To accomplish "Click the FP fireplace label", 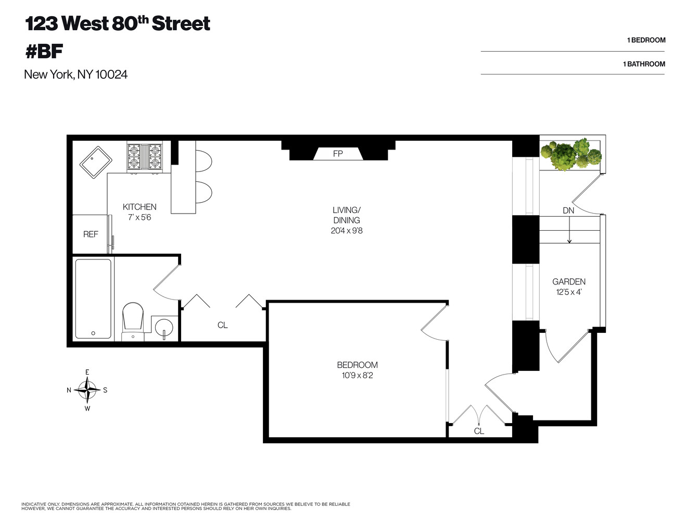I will [338, 154].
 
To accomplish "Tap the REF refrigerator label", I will [91, 234].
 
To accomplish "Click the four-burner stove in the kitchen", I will [144, 156].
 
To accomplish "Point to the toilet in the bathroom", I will [133, 319].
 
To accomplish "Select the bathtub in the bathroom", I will [93, 299].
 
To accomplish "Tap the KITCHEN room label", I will [139, 207].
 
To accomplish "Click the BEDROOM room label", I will [357, 365].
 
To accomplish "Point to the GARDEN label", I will [569, 282].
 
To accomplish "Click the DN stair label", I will [568, 210].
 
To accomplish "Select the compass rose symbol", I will [87, 390].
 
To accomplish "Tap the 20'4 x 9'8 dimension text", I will [347, 230].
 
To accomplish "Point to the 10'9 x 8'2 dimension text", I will [357, 375].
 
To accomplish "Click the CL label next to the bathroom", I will [222, 325].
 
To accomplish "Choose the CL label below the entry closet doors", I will [479, 431].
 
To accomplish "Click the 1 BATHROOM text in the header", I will [644, 64].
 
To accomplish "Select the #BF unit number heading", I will [44, 51].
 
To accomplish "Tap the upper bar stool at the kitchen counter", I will [204, 160].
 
